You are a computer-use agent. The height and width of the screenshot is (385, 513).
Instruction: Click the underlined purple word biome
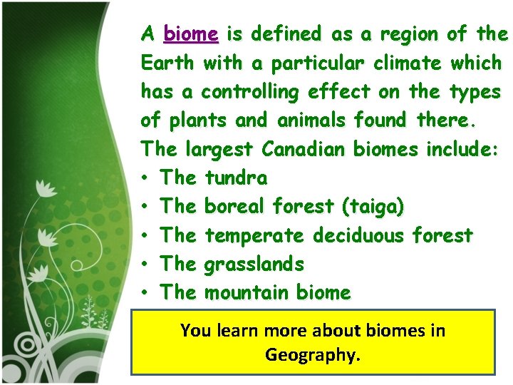[191, 34]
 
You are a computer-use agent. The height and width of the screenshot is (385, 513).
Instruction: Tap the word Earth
[167, 63]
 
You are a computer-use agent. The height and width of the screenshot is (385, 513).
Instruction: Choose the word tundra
[236, 178]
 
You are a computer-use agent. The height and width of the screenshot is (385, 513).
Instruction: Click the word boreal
[235, 207]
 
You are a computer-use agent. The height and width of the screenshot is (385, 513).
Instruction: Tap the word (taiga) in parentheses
[372, 207]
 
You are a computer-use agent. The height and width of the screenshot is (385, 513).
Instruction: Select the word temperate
[256, 235]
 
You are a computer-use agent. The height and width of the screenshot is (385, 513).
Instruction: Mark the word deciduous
[363, 235]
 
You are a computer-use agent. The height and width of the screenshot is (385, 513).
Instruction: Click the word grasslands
[254, 265]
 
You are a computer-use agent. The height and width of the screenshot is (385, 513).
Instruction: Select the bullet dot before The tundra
[145, 178]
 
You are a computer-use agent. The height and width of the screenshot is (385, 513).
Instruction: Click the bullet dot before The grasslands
[145, 265]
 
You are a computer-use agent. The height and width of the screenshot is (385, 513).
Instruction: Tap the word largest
[219, 150]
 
